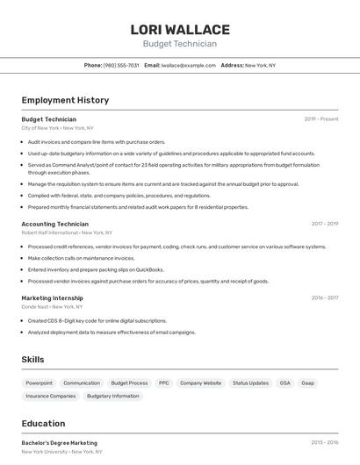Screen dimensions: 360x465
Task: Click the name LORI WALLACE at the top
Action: coord(180,30)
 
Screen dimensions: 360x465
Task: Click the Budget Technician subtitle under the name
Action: coord(180,44)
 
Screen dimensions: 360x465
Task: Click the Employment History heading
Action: coord(65,100)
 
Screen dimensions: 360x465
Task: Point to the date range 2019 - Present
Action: coord(321,118)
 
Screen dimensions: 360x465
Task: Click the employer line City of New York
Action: coord(57,128)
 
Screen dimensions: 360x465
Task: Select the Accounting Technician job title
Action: coord(54,224)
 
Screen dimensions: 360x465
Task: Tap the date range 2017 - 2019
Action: coord(324,224)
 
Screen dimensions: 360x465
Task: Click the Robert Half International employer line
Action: coord(67,232)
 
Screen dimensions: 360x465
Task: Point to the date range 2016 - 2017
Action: coord(324,297)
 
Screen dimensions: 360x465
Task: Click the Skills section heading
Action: coord(32,360)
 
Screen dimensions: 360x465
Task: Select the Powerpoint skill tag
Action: coord(39,383)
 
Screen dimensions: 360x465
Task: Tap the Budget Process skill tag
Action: coord(126,383)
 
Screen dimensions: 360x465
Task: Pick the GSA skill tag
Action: coord(284,383)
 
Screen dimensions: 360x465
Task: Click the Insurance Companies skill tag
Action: coord(51,396)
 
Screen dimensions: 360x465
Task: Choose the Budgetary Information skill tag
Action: coord(113,396)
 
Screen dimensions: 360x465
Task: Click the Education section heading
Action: coord(43,424)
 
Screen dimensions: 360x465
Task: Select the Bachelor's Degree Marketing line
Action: coord(59,443)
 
